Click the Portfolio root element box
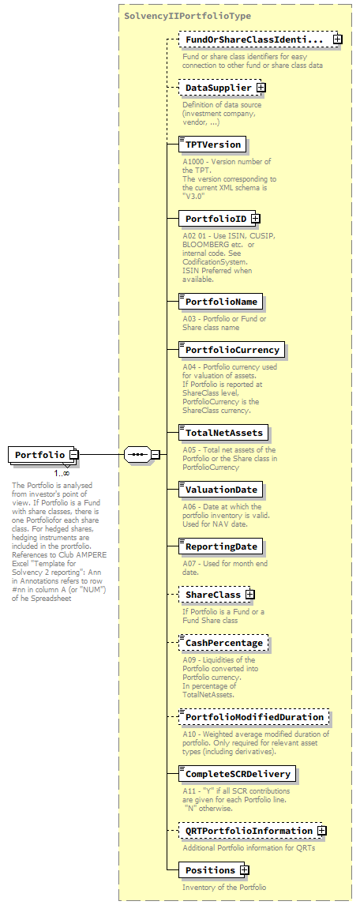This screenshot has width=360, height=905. (39, 455)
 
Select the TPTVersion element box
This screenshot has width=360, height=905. (212, 145)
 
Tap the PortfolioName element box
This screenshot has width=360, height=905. (221, 302)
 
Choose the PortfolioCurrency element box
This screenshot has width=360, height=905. (232, 349)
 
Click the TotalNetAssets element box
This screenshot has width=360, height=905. (223, 433)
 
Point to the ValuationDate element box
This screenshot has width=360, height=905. (221, 490)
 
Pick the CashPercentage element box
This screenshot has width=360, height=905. (223, 643)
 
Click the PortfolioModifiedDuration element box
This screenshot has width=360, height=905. (254, 717)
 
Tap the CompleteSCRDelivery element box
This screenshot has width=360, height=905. (238, 774)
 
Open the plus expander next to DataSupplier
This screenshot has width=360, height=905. (261, 88)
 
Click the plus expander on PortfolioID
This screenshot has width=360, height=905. (255, 196)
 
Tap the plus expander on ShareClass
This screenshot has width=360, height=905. (249, 594)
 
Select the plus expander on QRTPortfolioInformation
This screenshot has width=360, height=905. (321, 831)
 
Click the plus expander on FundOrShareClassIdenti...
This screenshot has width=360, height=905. (337, 39)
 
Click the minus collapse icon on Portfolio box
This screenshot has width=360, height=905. (73, 455)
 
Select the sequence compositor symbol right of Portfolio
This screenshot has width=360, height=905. (137, 455)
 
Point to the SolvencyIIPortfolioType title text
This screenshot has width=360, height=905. (176, 15)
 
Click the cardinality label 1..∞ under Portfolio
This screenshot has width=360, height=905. (62, 473)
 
